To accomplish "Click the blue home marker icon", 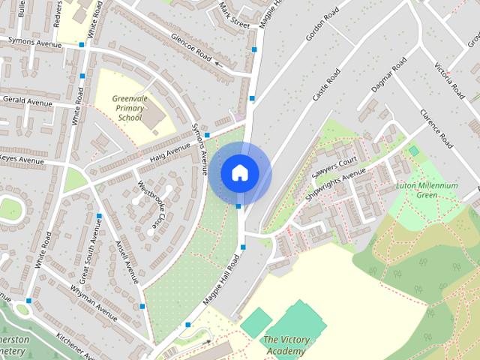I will (239, 172).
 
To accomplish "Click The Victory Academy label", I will (286, 346).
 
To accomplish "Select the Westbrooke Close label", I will (151, 204).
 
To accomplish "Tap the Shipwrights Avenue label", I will (337, 184).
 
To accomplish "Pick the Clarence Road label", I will (436, 128).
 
